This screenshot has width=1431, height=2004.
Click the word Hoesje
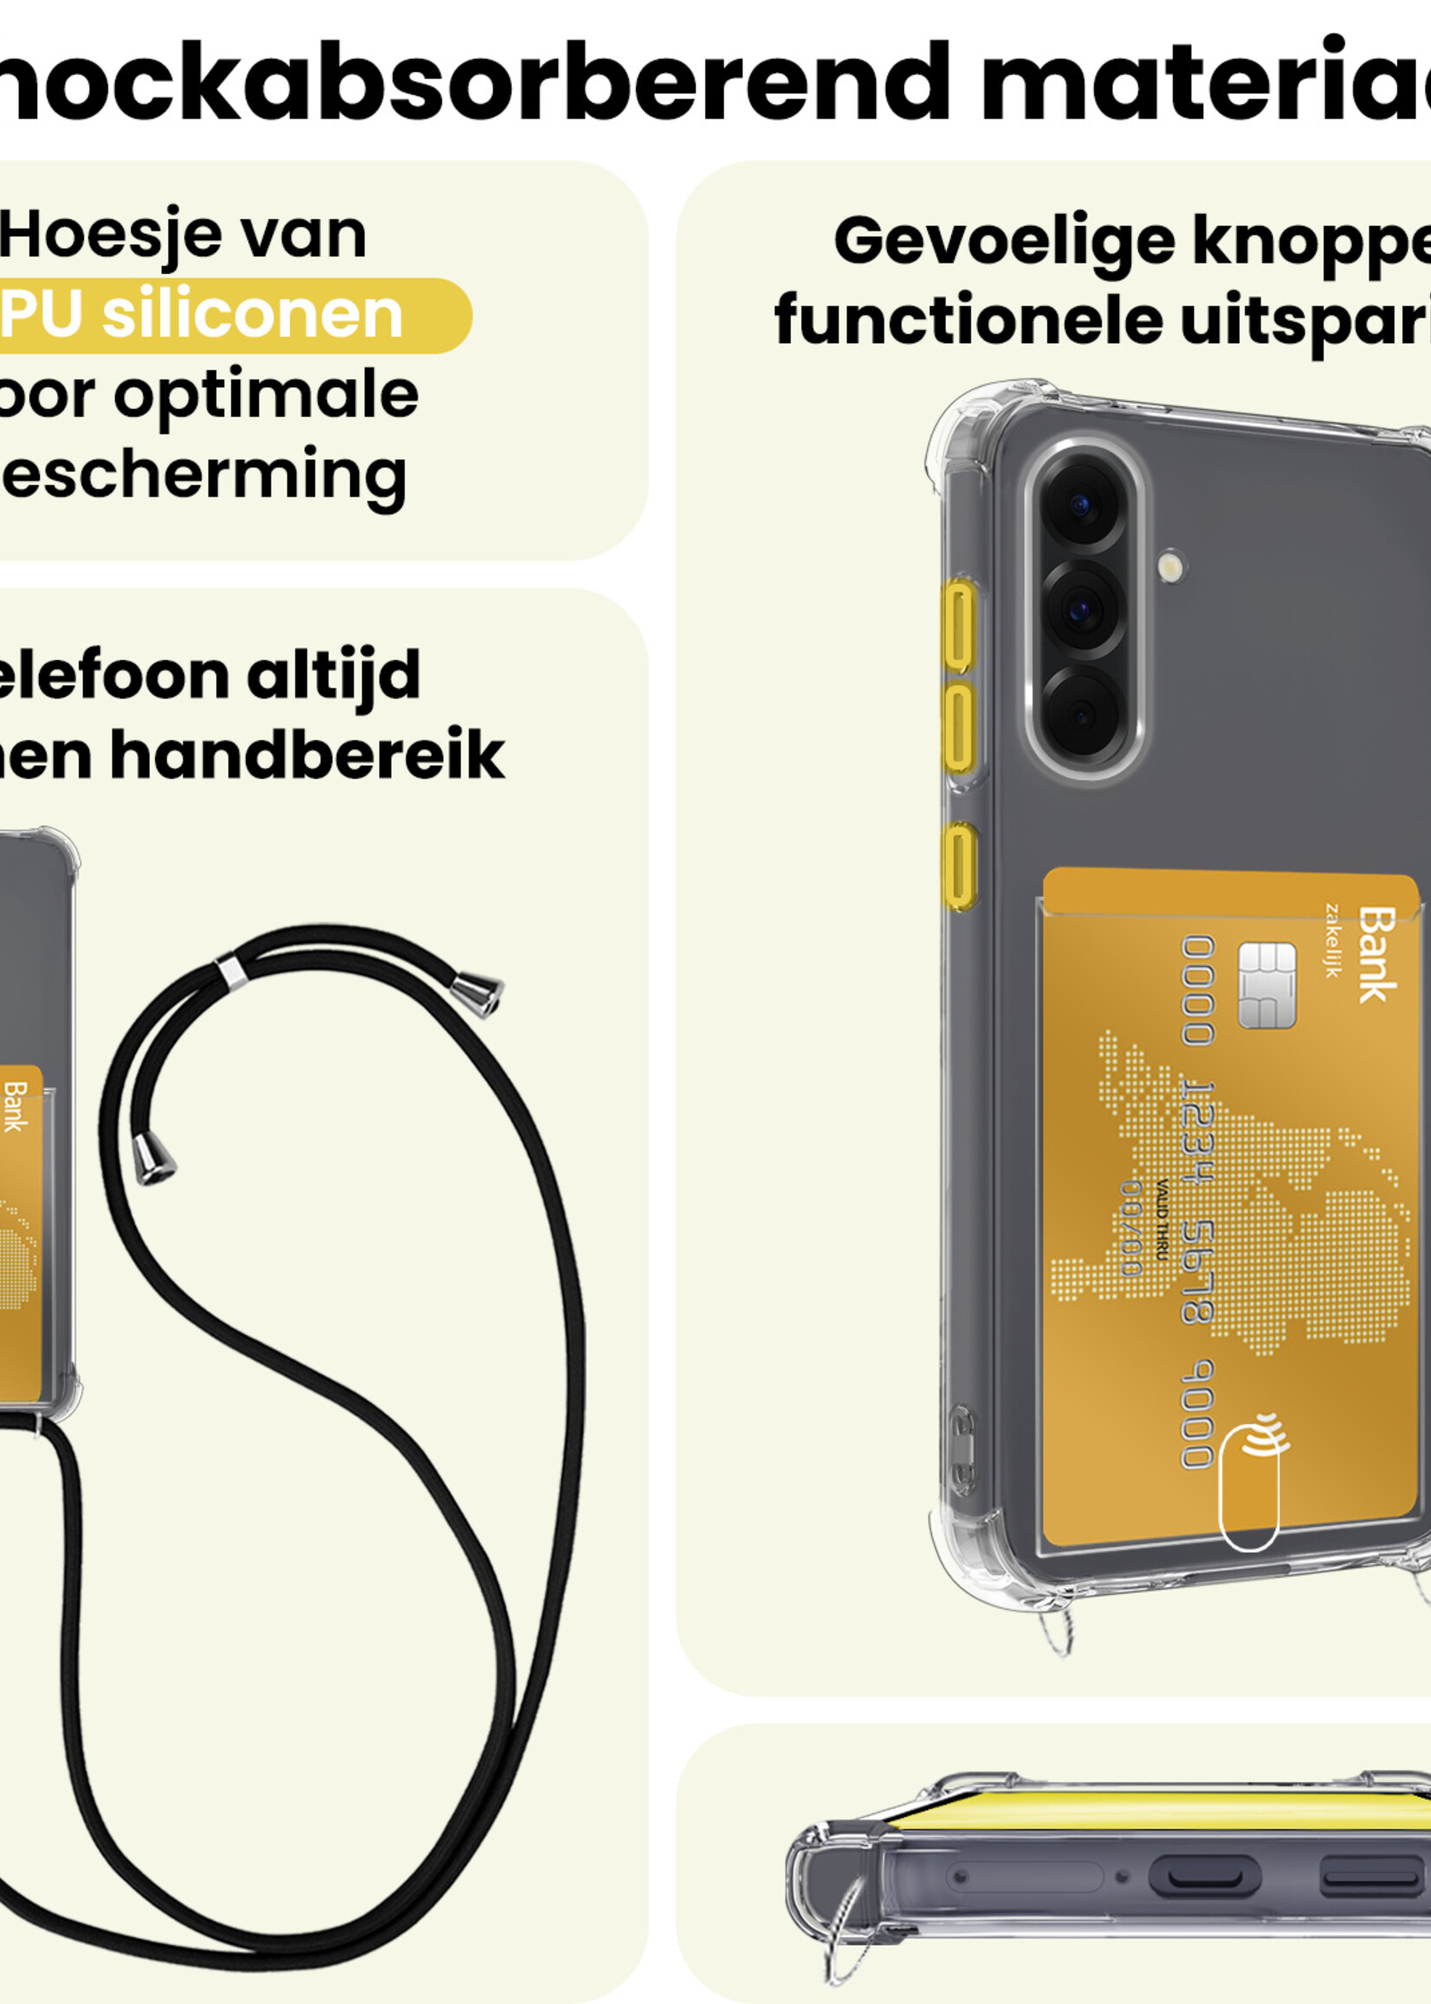tap(110, 237)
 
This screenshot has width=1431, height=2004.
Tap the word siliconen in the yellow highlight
tap(252, 315)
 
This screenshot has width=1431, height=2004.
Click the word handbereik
tap(307, 756)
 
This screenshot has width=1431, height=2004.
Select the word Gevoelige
tap(1004, 242)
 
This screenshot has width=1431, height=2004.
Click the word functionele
tap(968, 321)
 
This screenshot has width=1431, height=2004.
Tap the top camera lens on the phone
tap(1082, 507)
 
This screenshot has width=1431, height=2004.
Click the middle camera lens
tap(1082, 608)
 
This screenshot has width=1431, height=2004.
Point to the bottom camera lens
tap(1082, 712)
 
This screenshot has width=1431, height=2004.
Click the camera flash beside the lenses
tap(1172, 566)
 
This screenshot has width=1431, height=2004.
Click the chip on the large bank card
tap(1267, 985)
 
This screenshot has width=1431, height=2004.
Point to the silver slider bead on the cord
tap(231, 971)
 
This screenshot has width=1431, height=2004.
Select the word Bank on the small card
tap(15, 1107)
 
